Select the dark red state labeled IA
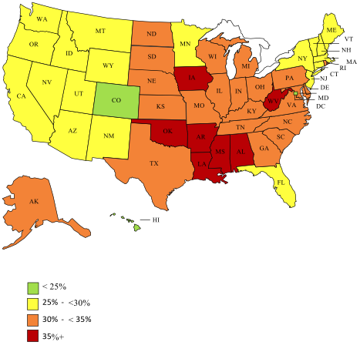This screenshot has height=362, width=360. point(190,77)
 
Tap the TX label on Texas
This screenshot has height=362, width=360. point(153,163)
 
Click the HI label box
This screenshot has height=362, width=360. point(155,220)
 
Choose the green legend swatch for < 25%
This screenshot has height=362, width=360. point(33,288)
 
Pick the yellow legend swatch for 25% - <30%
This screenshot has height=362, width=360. point(33,303)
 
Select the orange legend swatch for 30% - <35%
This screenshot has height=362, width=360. point(33,320)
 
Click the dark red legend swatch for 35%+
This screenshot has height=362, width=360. point(33,336)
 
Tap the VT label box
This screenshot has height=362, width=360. point(348,38)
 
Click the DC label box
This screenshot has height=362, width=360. point(321,106)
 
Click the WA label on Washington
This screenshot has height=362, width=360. point(42,18)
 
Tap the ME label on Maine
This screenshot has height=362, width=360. point(331,29)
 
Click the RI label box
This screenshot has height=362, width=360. point(341,69)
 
